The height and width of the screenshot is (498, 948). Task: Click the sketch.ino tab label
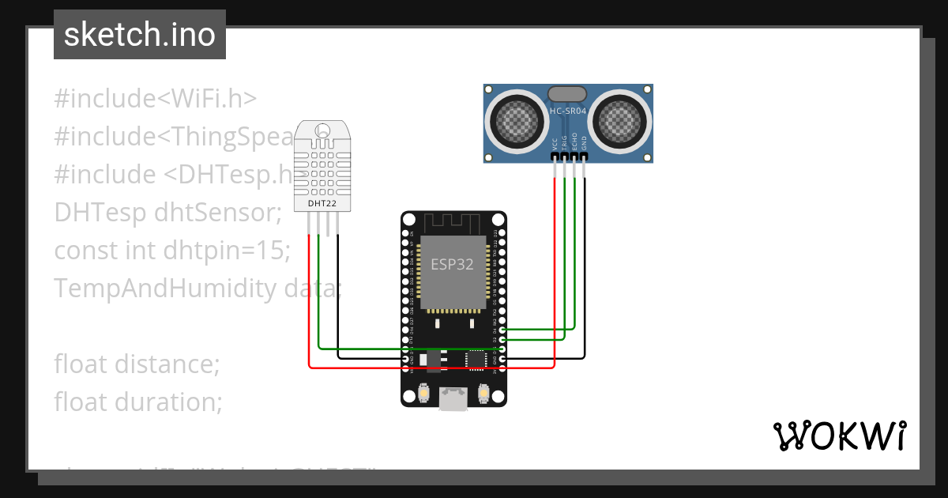point(139,35)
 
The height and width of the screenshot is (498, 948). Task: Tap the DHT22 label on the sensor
point(320,204)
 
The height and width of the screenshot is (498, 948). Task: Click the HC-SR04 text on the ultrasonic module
point(568,111)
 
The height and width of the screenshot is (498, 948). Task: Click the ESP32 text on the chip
point(452,264)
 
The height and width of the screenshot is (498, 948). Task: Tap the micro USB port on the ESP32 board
point(453,400)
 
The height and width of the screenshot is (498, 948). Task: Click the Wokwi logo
point(838,435)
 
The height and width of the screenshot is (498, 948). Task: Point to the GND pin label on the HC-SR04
point(585,144)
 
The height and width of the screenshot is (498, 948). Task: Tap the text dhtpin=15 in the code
point(227,251)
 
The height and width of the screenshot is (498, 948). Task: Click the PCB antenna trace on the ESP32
point(453,221)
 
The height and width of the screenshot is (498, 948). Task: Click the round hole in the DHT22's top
point(322,130)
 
